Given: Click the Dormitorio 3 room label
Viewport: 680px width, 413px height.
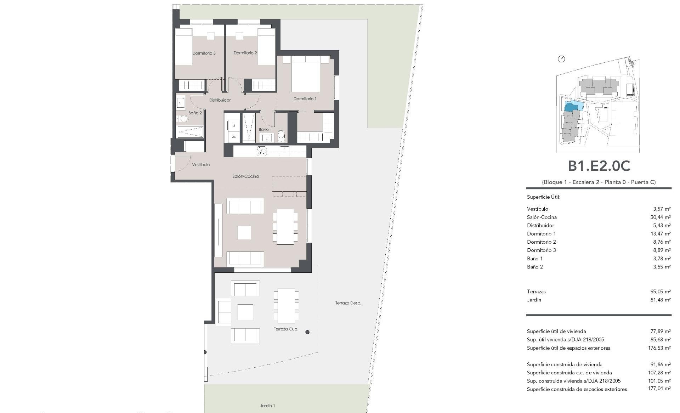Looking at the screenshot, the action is pos(204,53).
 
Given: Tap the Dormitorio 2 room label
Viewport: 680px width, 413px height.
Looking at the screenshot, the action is pos(245,53).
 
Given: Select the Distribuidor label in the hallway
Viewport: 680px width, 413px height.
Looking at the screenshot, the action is pos(220,100).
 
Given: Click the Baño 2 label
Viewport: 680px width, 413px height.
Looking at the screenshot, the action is pos(195,113).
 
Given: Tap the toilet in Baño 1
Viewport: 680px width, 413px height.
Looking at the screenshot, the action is pos(281,135).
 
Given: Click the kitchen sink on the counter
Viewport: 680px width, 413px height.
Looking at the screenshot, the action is pos(262,151).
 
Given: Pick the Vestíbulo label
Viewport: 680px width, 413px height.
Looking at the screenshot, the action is pos(201,165).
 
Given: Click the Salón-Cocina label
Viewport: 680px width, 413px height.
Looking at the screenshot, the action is pos(245,176).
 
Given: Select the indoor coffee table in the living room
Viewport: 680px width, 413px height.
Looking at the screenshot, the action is pos(244,233).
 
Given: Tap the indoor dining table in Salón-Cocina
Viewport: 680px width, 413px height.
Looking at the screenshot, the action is pos(285,227).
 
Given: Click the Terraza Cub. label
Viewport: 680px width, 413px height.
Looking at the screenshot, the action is pos(286,329).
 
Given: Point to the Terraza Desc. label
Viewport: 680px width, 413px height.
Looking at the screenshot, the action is pos(348,303).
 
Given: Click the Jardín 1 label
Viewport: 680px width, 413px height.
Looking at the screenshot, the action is pos(267,406).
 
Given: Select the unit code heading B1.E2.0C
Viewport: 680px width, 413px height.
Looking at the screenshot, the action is pos(599,166).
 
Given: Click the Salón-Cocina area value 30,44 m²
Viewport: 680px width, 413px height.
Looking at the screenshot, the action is pos(661,217).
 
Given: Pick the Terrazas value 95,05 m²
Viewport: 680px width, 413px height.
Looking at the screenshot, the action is pos(661,292).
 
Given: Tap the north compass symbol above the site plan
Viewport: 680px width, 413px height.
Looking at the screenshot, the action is pos(561,59).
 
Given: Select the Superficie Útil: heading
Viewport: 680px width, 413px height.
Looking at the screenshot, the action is pos(544,197).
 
